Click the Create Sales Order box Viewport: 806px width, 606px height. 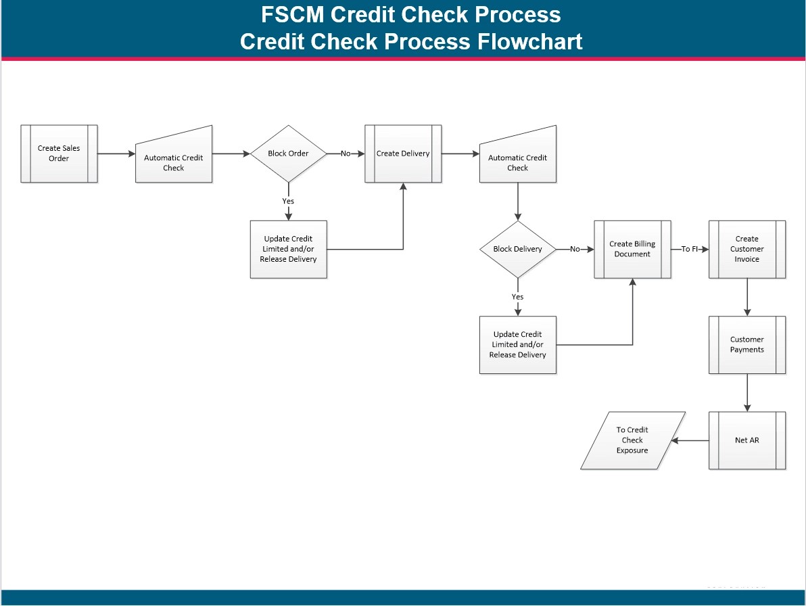point(59,154)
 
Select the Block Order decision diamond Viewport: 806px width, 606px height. point(289,154)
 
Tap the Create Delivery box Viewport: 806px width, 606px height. point(403,154)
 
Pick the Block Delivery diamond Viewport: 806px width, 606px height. point(518,249)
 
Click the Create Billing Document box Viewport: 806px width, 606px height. point(632,249)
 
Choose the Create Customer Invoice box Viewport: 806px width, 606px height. point(747,249)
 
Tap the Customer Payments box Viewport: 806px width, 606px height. point(747,345)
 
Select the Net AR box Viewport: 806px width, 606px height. point(747,440)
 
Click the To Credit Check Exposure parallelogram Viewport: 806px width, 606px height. point(633,440)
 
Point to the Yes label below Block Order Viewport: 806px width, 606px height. point(289,201)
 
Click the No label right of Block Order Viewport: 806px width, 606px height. point(346,154)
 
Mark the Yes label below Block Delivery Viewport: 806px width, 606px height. point(518,297)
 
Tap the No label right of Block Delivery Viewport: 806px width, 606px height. point(575,249)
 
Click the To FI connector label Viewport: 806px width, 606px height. point(690,249)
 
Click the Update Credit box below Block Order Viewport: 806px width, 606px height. point(289,249)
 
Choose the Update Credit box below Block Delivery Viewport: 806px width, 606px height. point(518,345)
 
